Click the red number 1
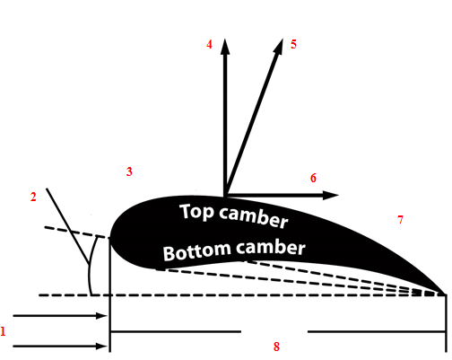(3, 331)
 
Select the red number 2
(33, 197)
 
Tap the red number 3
(129, 171)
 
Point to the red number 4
(209, 45)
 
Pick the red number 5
(293, 44)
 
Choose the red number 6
(313, 178)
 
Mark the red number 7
(400, 220)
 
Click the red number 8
(276, 347)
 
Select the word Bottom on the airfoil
(197, 251)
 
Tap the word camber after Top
(254, 217)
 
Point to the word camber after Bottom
(271, 248)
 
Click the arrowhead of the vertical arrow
(225, 46)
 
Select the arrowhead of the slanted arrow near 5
(278, 46)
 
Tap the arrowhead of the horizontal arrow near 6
(331, 195)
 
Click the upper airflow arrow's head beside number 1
(101, 316)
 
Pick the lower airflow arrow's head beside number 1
(101, 347)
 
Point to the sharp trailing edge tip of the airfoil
(446, 294)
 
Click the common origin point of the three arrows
(225, 195)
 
